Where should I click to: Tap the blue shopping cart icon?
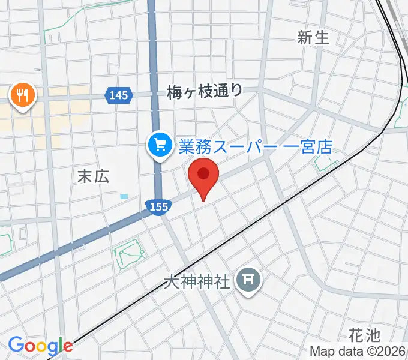(160, 145)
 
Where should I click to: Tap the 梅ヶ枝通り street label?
(205, 91)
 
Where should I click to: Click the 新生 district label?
(313, 38)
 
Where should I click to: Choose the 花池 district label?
(364, 335)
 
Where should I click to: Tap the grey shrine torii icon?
(247, 280)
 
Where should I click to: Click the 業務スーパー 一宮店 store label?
(256, 146)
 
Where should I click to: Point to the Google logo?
(40, 346)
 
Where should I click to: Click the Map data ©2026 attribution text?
(358, 351)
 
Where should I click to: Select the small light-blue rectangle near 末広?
(124, 196)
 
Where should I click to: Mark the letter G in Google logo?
(16, 345)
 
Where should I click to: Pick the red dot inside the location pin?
(204, 173)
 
